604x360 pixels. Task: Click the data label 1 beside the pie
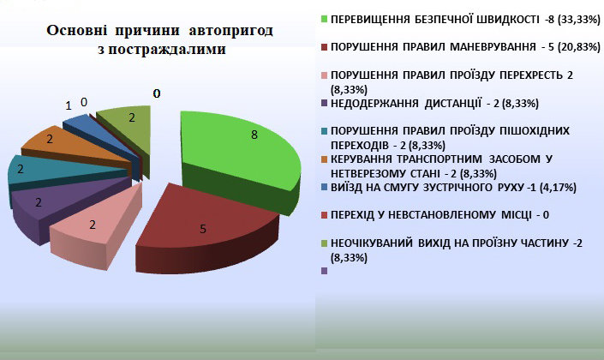coord(69,105)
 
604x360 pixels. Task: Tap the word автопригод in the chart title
coord(230,31)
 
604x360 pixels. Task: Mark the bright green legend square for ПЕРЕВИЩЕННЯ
coord(325,19)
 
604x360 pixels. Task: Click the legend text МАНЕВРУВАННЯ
coord(493,47)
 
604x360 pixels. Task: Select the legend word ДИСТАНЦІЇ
coord(453,104)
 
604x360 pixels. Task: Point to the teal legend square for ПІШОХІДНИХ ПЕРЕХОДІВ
coord(325,131)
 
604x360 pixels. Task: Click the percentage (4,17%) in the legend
coord(558,188)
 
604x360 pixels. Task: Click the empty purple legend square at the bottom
coord(325,271)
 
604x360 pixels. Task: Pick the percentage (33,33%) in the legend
coord(579,19)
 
